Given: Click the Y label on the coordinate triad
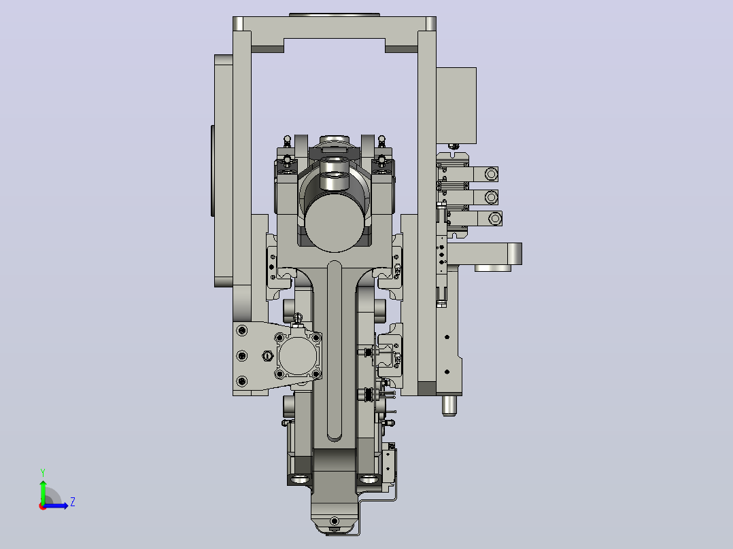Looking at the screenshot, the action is [x=43, y=472].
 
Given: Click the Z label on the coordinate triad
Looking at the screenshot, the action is [x=73, y=502].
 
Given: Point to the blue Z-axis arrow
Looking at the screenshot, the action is [x=56, y=506].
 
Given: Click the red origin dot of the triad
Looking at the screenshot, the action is [x=43, y=506].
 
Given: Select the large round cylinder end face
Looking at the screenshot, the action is [x=335, y=224].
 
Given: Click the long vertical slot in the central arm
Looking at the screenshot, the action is [x=335, y=351].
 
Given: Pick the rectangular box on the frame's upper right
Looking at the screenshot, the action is [x=456, y=105].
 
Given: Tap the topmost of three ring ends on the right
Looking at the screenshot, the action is [x=491, y=174].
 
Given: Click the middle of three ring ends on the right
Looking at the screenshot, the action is [x=491, y=197].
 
